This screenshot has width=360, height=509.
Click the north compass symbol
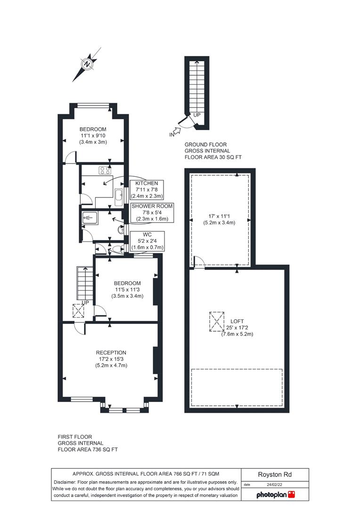tap(87, 64)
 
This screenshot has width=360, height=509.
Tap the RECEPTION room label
tap(111, 353)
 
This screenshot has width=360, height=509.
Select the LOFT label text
tap(237, 321)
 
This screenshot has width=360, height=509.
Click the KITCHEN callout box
tap(147, 189)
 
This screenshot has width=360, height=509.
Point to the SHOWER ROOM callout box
tap(152, 213)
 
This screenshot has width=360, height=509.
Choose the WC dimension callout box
tap(147, 241)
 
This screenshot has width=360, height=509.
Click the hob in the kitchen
tap(105, 170)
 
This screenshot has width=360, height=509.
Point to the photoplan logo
tap(275, 495)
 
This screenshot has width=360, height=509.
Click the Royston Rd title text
tap(275, 475)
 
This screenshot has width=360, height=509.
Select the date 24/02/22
tap(275, 484)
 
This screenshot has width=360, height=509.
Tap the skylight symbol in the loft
tap(217, 321)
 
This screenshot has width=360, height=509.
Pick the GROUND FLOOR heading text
tap(205, 145)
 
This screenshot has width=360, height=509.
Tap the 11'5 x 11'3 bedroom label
tap(127, 289)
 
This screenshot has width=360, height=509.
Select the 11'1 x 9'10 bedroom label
tap(93, 136)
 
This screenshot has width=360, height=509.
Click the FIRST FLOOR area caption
tap(88, 443)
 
